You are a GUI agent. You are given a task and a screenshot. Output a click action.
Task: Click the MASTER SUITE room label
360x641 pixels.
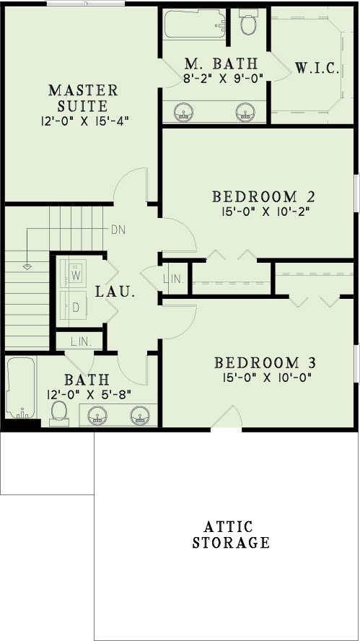[83, 98]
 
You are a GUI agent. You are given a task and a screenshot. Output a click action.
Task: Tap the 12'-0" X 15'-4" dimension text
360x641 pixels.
[85, 122]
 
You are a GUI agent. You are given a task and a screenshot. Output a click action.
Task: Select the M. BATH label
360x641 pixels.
[221, 64]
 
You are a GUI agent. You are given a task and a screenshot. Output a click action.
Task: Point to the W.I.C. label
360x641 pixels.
[317, 69]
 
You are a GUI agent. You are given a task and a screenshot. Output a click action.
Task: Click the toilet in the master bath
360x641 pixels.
[247, 22]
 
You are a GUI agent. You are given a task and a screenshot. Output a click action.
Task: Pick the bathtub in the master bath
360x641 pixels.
[195, 25]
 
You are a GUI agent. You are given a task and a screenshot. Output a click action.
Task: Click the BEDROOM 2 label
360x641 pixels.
[263, 196]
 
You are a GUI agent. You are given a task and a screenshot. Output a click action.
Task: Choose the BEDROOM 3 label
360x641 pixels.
[265, 363]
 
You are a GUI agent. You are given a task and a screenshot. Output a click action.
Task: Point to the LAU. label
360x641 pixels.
[115, 292]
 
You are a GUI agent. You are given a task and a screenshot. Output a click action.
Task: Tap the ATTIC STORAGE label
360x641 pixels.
[231, 535]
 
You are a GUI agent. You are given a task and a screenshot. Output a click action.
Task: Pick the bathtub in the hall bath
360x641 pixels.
[21, 388]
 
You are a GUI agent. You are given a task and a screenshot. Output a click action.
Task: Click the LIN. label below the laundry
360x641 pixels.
[81, 341]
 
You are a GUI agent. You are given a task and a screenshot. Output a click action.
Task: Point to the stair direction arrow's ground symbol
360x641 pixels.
[27, 267]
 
